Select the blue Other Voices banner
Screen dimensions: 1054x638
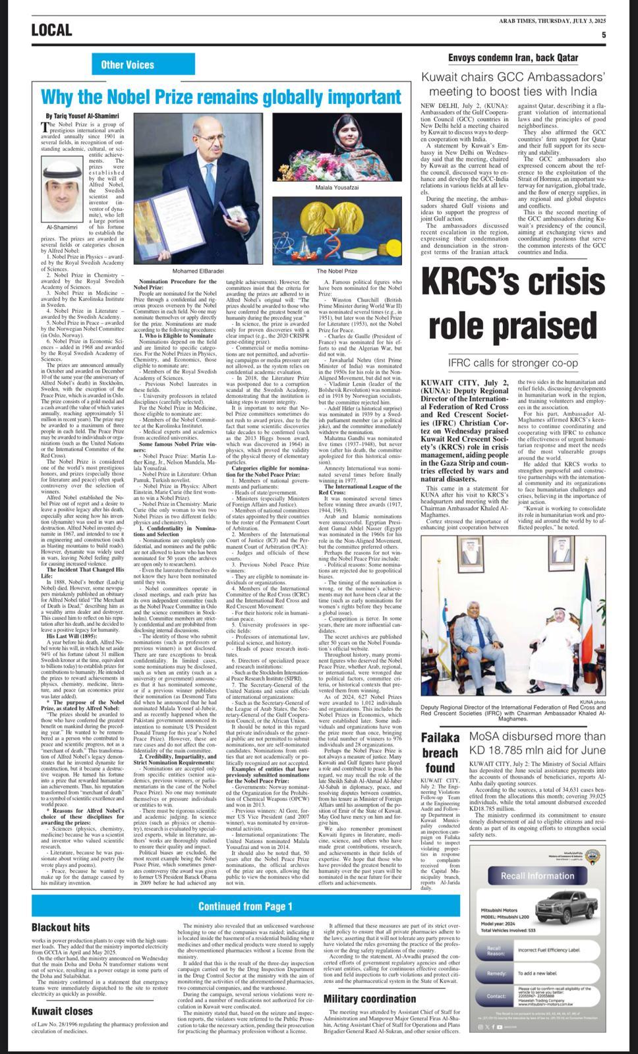(127, 65)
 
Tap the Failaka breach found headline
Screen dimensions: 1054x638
(439, 753)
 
